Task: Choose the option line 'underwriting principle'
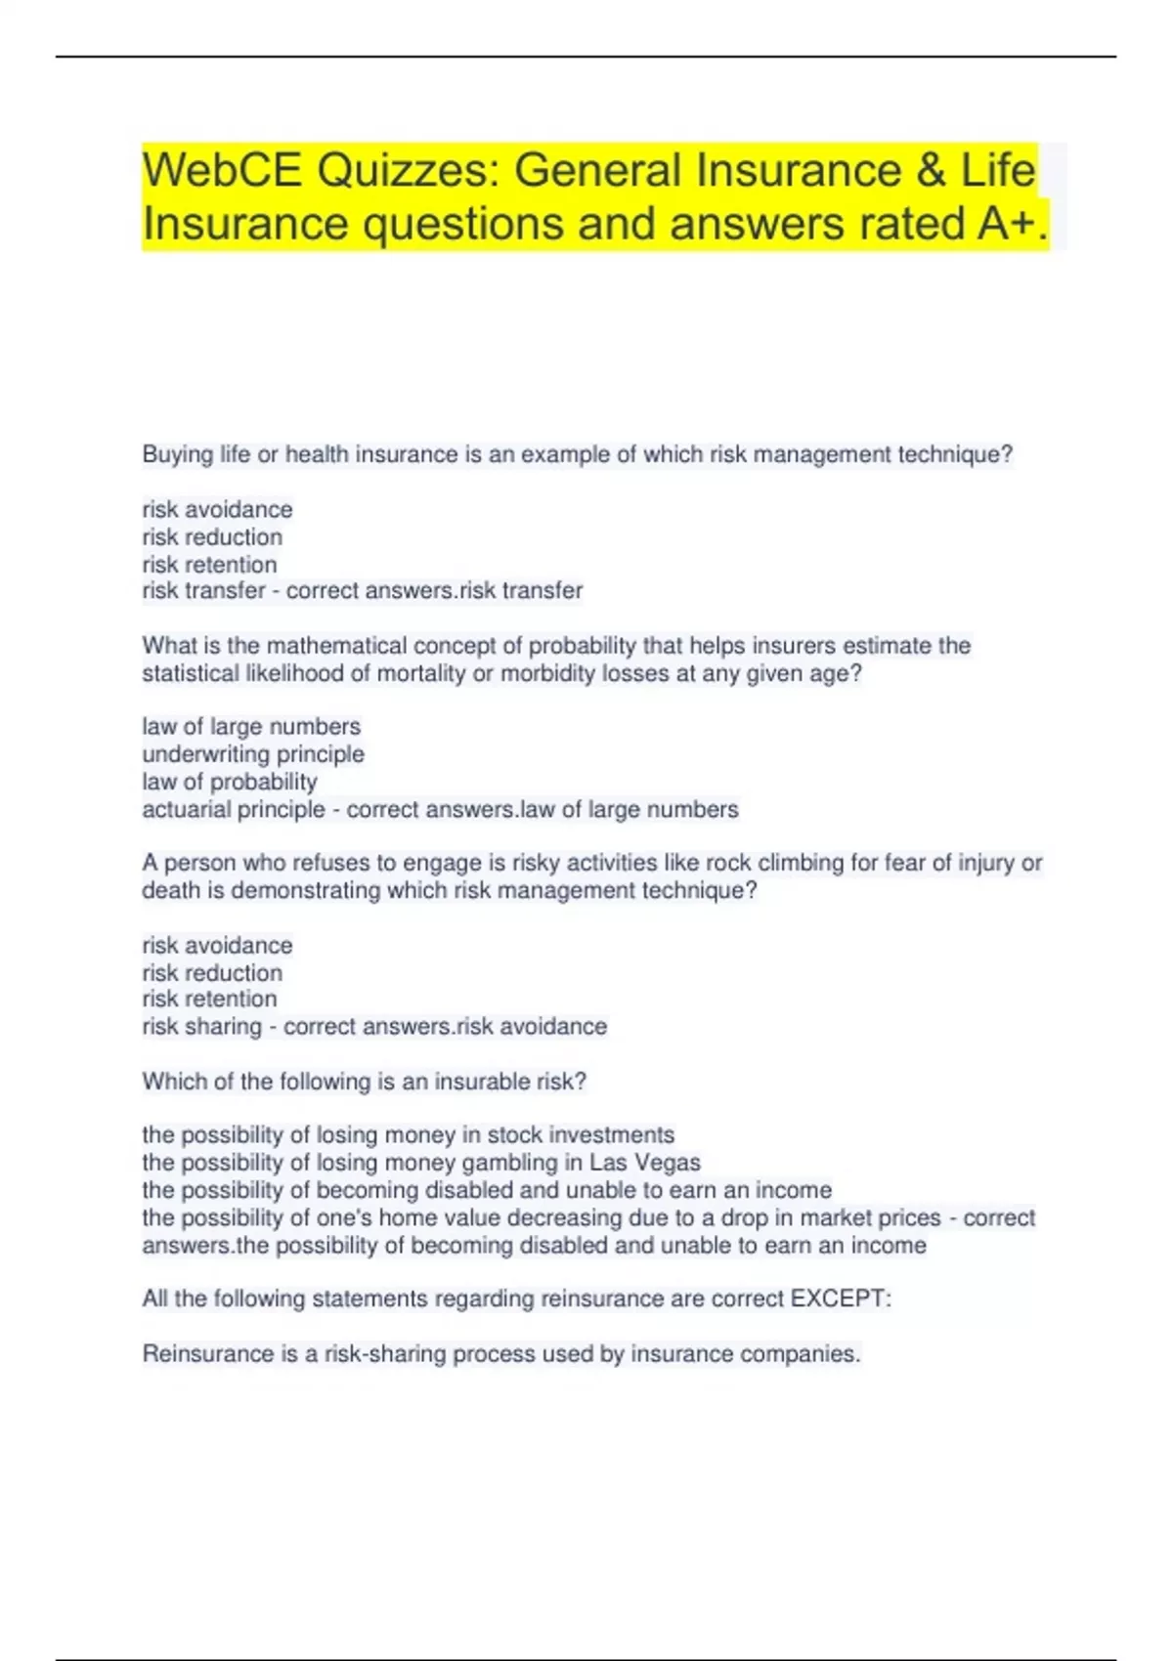pos(253,754)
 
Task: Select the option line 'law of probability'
pos(230,782)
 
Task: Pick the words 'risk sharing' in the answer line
pos(201,1027)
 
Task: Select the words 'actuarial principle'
pos(234,810)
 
